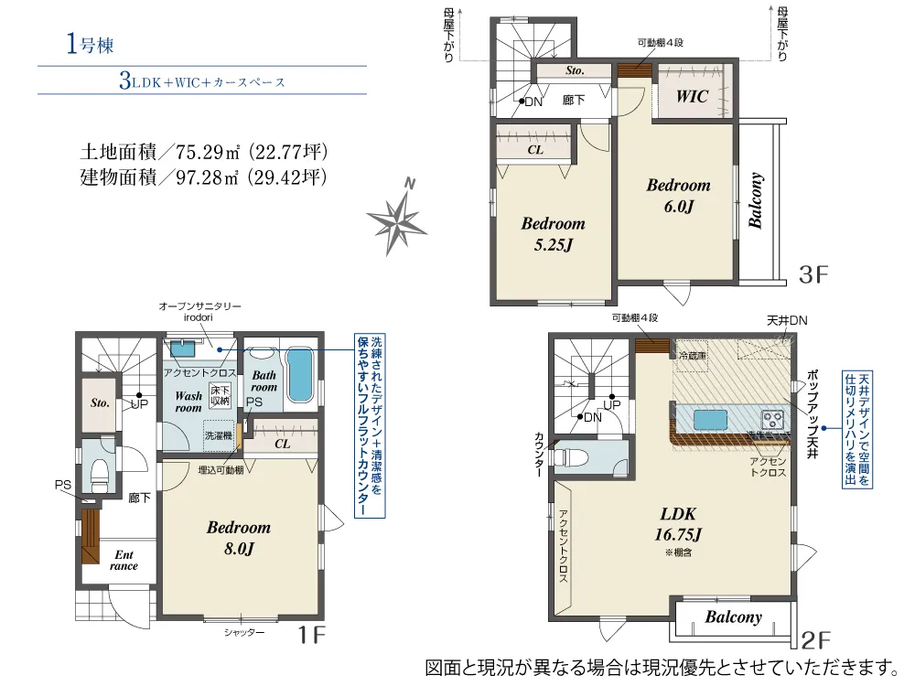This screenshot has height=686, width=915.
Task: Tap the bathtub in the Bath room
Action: [299, 374]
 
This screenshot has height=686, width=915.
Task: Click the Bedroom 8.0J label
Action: [238, 538]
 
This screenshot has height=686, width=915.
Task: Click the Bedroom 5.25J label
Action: [553, 233]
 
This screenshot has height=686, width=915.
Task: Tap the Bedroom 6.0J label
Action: [678, 195]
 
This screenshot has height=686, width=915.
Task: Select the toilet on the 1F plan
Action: [99, 472]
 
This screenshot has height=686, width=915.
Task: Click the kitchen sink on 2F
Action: [710, 420]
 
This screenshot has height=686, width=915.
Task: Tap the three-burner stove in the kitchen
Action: [774, 420]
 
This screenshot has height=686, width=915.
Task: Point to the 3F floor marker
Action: [813, 272]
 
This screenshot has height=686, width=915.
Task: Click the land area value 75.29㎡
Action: [206, 152]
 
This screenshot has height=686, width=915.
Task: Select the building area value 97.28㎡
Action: [206, 177]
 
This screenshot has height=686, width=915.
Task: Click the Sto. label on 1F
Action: [99, 402]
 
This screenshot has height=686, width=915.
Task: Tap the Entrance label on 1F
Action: [124, 560]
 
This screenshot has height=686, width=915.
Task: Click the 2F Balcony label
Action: [733, 617]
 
